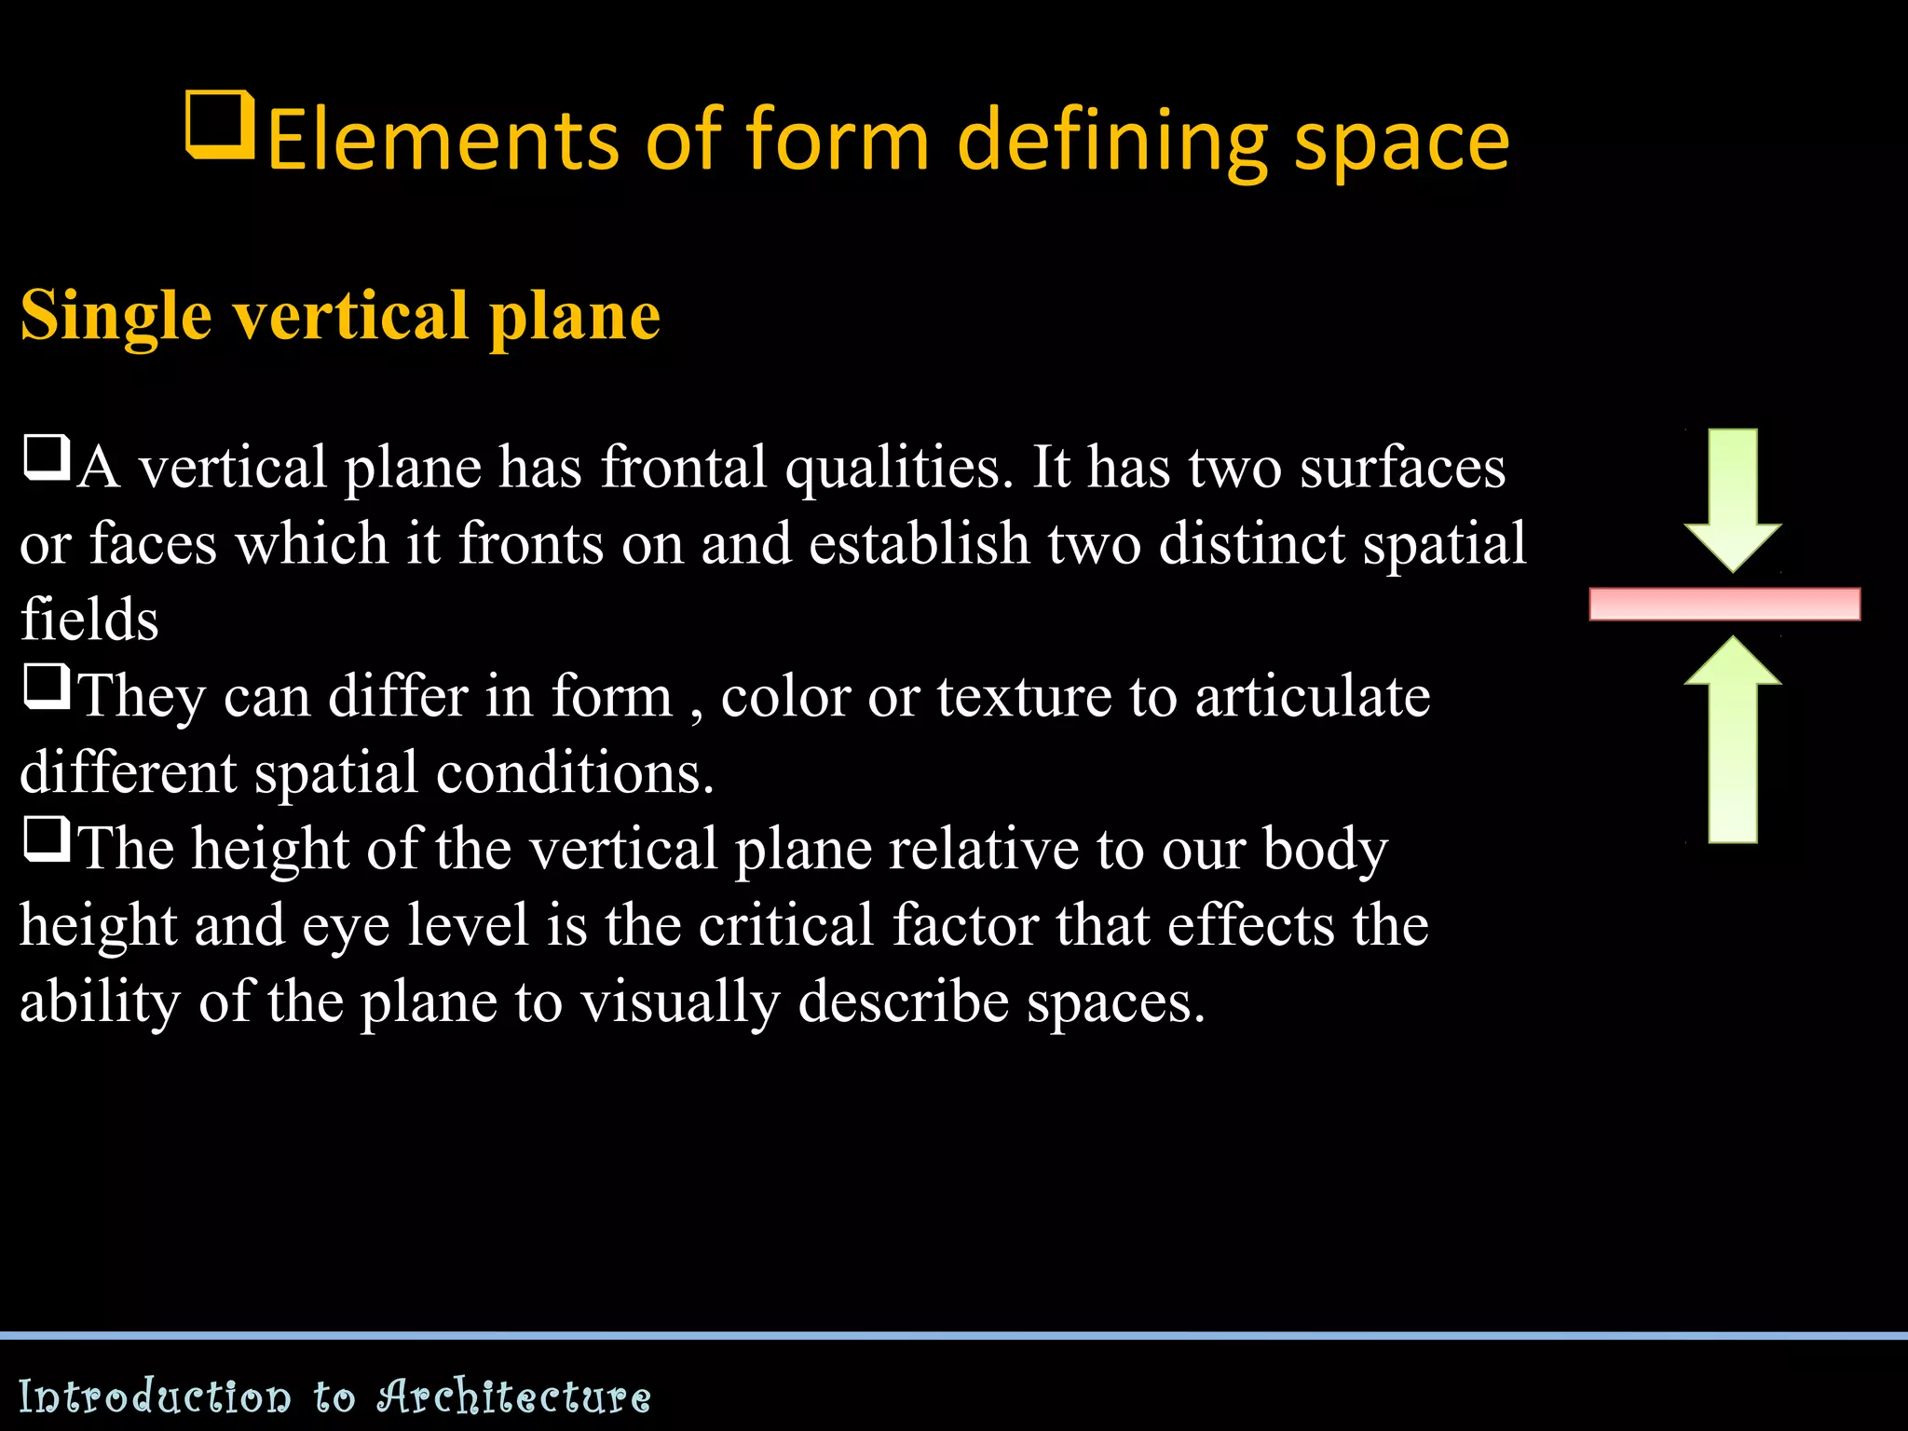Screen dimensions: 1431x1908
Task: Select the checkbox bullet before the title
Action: coord(220,124)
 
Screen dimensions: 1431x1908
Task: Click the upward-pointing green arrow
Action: coord(1732,741)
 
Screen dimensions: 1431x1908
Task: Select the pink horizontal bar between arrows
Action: coord(1724,604)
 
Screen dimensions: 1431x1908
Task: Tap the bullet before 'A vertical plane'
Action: coord(47,458)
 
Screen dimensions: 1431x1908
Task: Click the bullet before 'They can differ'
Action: coord(47,688)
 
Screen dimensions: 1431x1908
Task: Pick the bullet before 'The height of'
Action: coord(47,840)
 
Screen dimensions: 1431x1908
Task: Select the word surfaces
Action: coord(1402,468)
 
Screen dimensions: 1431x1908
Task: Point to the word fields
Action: coord(89,619)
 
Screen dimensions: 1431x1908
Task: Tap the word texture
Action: coord(1024,697)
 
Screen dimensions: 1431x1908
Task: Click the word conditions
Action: coord(575,773)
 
